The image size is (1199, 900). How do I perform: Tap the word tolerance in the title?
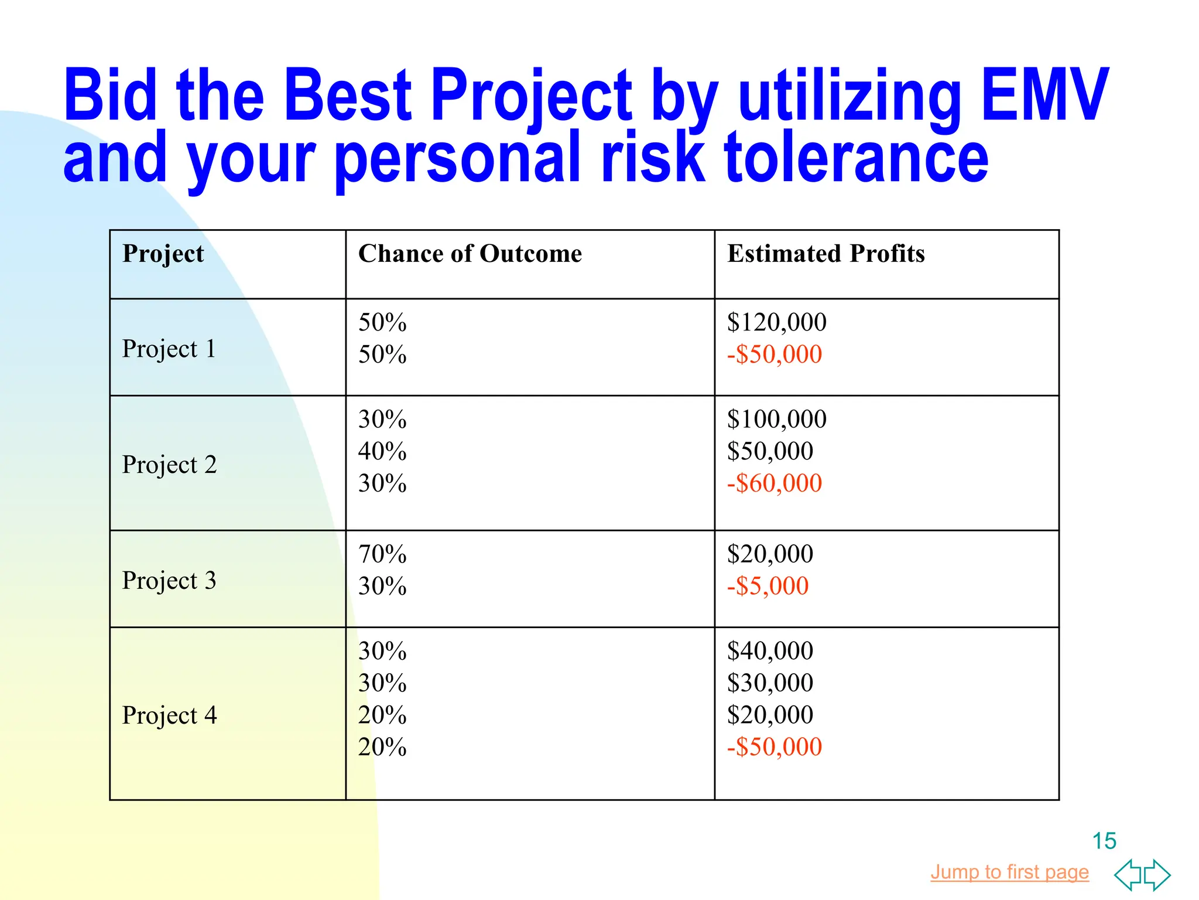(x=856, y=157)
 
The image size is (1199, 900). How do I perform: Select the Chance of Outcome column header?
(x=470, y=254)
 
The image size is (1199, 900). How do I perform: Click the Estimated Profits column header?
(x=826, y=254)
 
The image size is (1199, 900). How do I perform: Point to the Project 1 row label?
(x=169, y=349)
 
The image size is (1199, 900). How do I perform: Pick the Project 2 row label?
(x=169, y=465)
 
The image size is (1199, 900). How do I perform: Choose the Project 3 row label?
(x=169, y=581)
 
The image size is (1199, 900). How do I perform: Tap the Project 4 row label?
(x=169, y=715)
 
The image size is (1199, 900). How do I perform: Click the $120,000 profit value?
(x=776, y=322)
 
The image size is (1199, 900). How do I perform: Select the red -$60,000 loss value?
(x=775, y=483)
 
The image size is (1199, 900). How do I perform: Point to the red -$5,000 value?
(x=768, y=586)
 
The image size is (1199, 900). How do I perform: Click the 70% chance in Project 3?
(x=382, y=554)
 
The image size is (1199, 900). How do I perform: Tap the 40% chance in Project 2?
(x=382, y=451)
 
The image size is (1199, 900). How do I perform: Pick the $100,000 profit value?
(x=776, y=419)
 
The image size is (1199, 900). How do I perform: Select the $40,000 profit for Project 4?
(x=770, y=651)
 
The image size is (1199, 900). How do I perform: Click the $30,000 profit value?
(x=770, y=683)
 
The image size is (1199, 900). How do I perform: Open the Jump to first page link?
(x=1009, y=872)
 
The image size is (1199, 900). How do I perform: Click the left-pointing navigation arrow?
(x=1128, y=875)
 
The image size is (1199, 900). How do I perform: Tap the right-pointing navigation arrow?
(x=1157, y=875)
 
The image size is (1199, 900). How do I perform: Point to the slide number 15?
(x=1104, y=841)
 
